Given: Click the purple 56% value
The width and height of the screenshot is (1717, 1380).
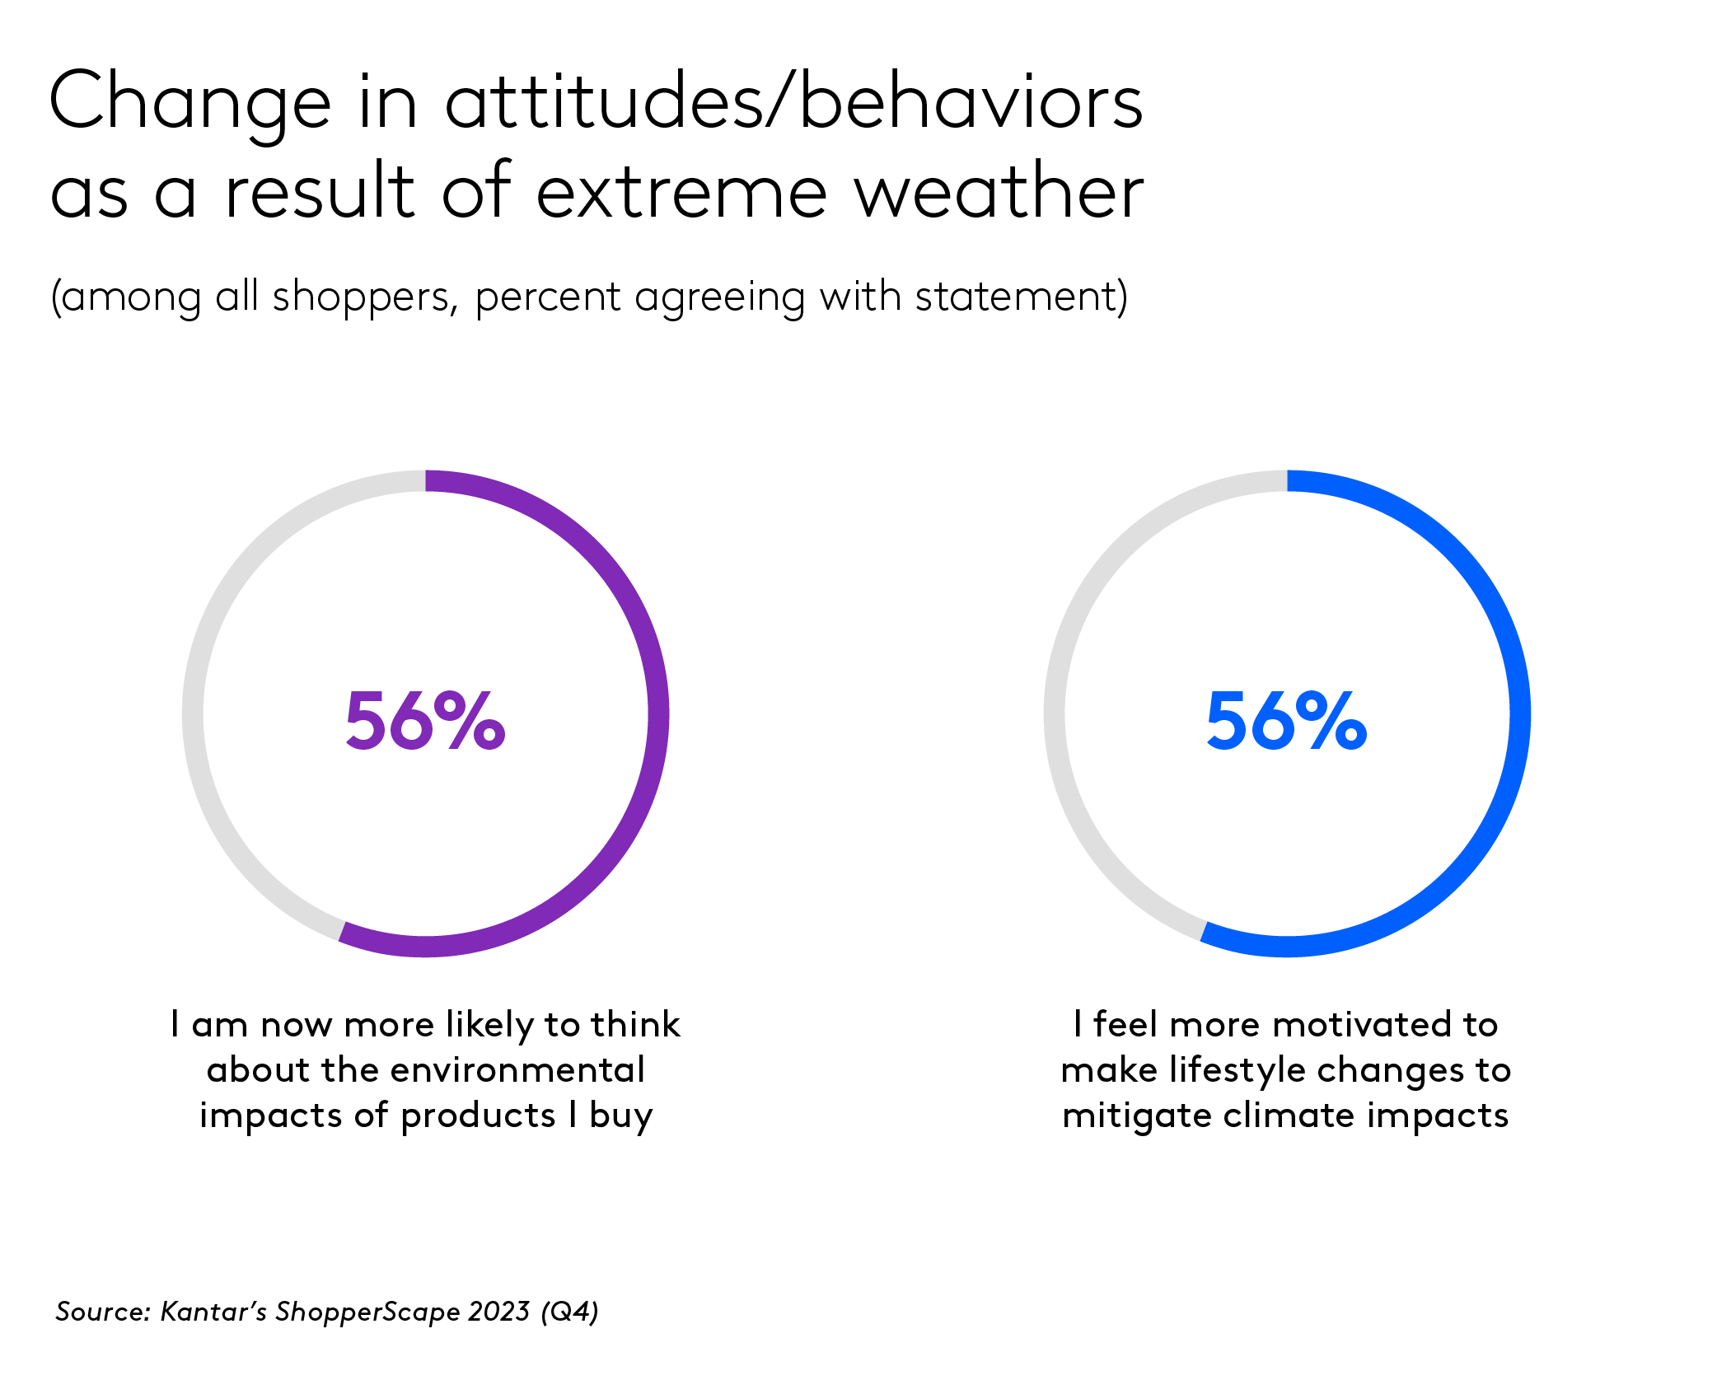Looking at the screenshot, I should (x=425, y=721).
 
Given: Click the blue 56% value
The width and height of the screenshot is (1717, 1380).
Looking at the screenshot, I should (x=1286, y=721).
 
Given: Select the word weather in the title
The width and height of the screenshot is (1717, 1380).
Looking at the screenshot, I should (x=999, y=192).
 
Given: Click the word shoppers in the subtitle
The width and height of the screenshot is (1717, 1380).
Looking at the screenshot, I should (x=365, y=297).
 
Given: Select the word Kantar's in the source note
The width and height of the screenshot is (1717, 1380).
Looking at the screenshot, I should (x=213, y=1311).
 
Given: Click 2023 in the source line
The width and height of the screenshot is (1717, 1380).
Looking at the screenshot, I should (x=498, y=1311).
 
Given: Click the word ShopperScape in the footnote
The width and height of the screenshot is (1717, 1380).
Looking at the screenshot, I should (x=367, y=1311).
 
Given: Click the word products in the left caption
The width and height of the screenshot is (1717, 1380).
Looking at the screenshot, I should (x=478, y=1116).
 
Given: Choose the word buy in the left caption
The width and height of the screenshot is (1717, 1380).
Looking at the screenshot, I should (x=621, y=1116).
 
